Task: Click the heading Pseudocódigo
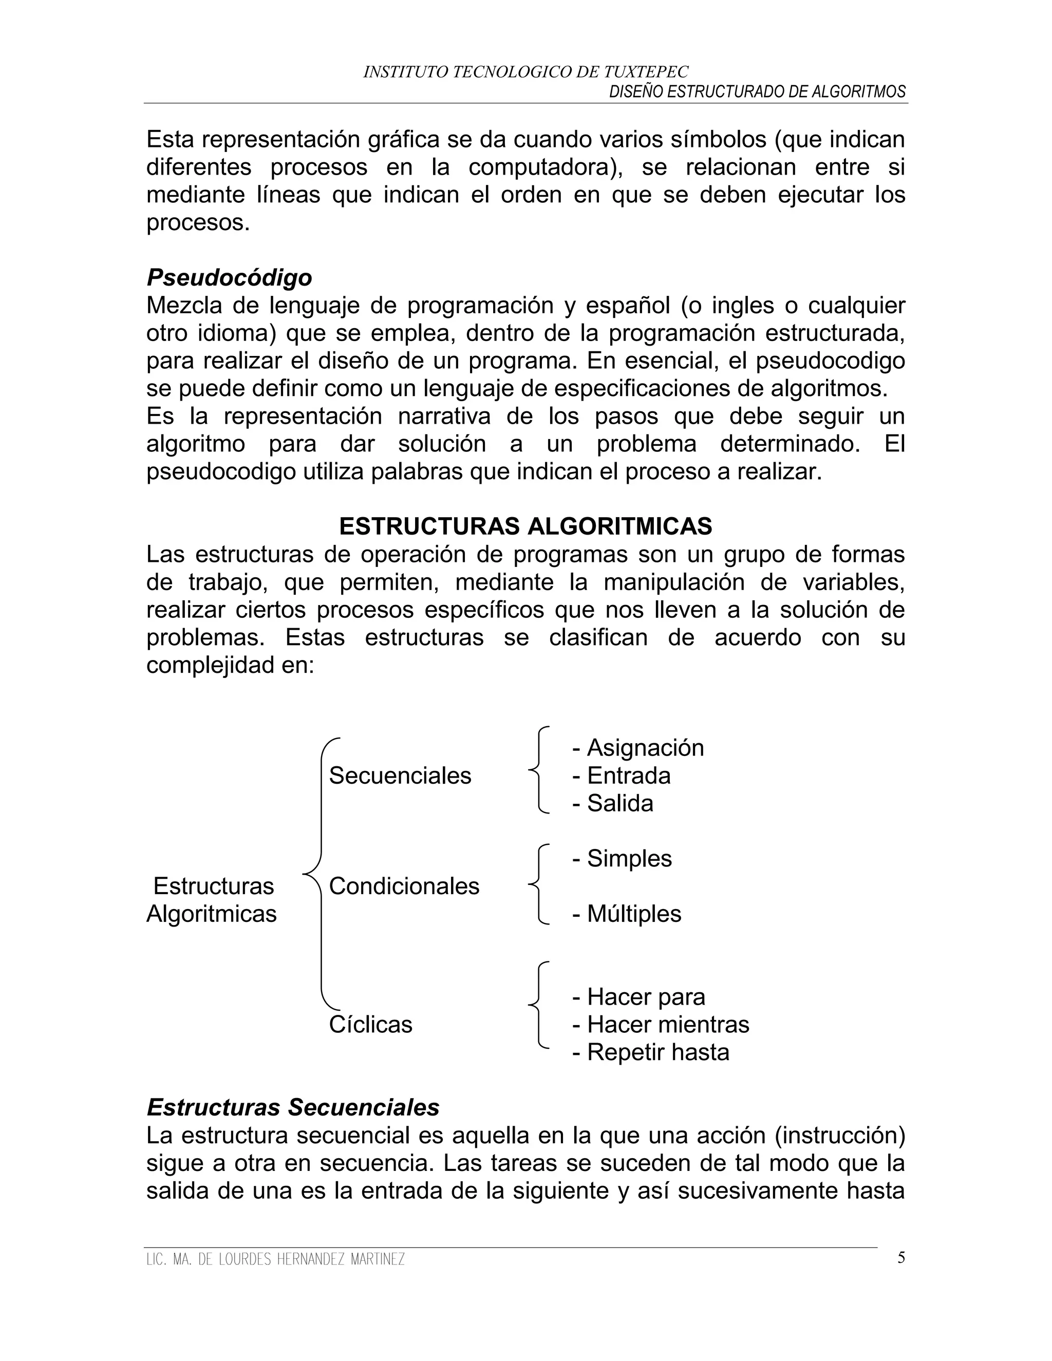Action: [x=229, y=277]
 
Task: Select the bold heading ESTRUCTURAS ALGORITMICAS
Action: [x=525, y=526]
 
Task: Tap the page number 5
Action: [x=901, y=1258]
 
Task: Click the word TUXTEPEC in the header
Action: [x=646, y=72]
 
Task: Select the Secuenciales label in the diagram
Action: [x=400, y=776]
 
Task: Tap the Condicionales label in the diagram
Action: [x=404, y=886]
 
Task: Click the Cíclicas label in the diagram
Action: [x=371, y=1025]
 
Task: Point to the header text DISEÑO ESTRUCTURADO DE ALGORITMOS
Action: [x=757, y=92]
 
